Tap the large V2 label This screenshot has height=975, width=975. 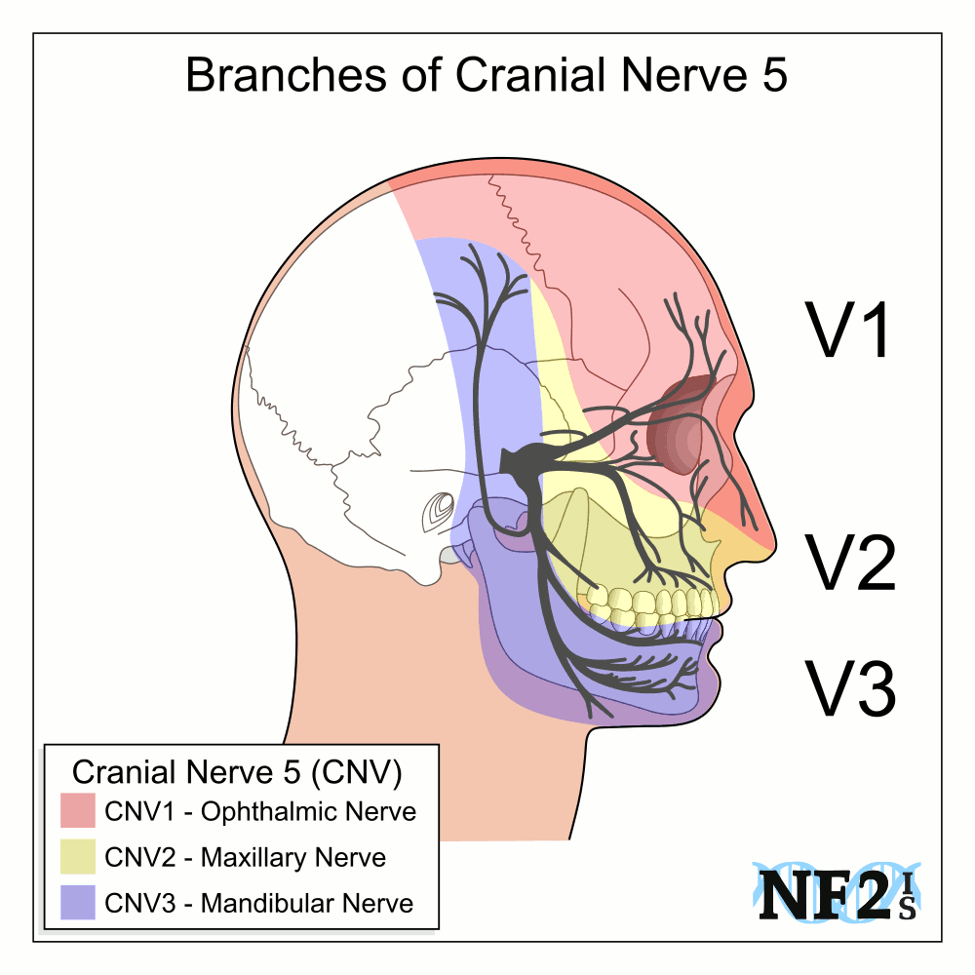[848, 564]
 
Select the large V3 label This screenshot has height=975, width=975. [848, 687]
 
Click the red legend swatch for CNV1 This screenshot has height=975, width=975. [77, 811]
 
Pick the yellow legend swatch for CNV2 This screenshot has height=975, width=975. [77, 857]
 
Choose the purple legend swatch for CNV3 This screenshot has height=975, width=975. [77, 903]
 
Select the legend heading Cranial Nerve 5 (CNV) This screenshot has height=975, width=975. [238, 772]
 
